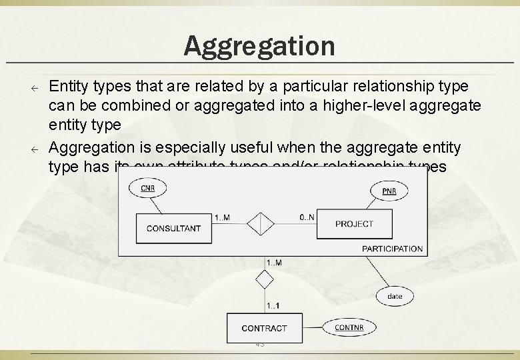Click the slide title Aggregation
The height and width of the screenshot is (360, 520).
click(x=259, y=46)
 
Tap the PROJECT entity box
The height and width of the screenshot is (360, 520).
click(x=354, y=224)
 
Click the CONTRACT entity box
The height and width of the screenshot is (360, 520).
click(x=264, y=328)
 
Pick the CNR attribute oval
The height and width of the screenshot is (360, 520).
click(x=148, y=189)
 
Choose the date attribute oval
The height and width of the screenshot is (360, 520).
click(x=395, y=295)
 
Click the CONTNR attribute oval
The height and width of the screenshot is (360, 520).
click(x=349, y=327)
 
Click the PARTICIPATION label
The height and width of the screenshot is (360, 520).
click(x=392, y=249)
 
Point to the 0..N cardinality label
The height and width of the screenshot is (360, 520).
click(x=307, y=217)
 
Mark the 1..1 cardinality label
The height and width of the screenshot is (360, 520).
click(x=273, y=306)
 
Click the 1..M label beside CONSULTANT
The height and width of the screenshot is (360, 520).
click(x=223, y=217)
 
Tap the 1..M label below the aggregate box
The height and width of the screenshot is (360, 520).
click(x=274, y=263)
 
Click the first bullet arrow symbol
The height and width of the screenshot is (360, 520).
click(x=39, y=88)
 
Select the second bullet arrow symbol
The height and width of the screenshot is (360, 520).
click(x=39, y=148)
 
